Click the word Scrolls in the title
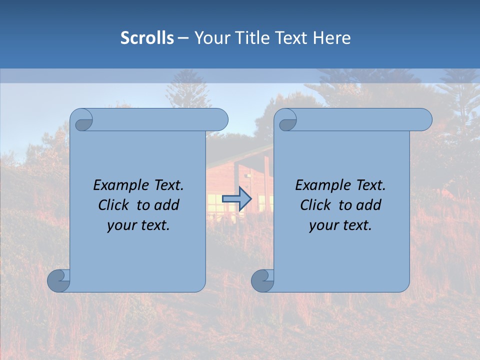(147, 38)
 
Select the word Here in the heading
(332, 38)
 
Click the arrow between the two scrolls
(236, 198)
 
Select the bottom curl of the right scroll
(262, 280)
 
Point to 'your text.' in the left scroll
(138, 225)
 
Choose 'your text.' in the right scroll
(340, 225)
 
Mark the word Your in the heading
(212, 38)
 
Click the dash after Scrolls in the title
(183, 38)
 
